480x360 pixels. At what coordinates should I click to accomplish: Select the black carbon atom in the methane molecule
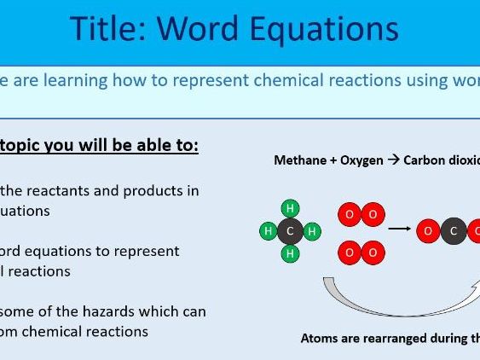pyautogui.click(x=290, y=231)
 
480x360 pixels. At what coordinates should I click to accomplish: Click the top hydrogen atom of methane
pyautogui.click(x=290, y=209)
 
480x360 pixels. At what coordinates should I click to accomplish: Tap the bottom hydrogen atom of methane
pyautogui.click(x=290, y=253)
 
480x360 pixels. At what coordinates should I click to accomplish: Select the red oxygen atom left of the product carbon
pyautogui.click(x=430, y=231)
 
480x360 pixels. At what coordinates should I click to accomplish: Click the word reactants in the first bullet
pyautogui.click(x=64, y=189)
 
